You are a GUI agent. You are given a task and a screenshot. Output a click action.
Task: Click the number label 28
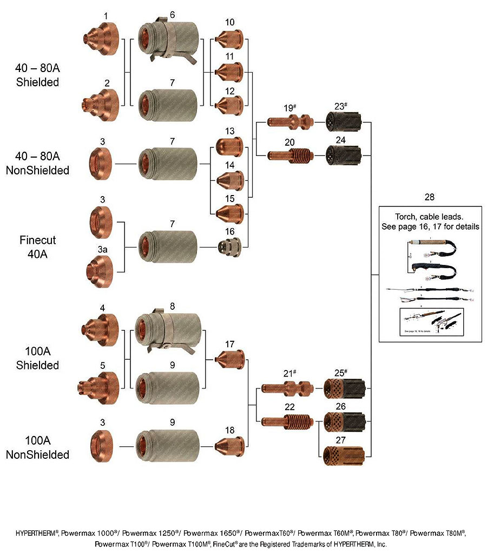pyautogui.click(x=429, y=197)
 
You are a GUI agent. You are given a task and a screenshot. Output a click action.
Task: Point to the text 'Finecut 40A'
pyautogui.click(x=37, y=246)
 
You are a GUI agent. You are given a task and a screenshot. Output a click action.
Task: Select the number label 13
pyautogui.click(x=229, y=131)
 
